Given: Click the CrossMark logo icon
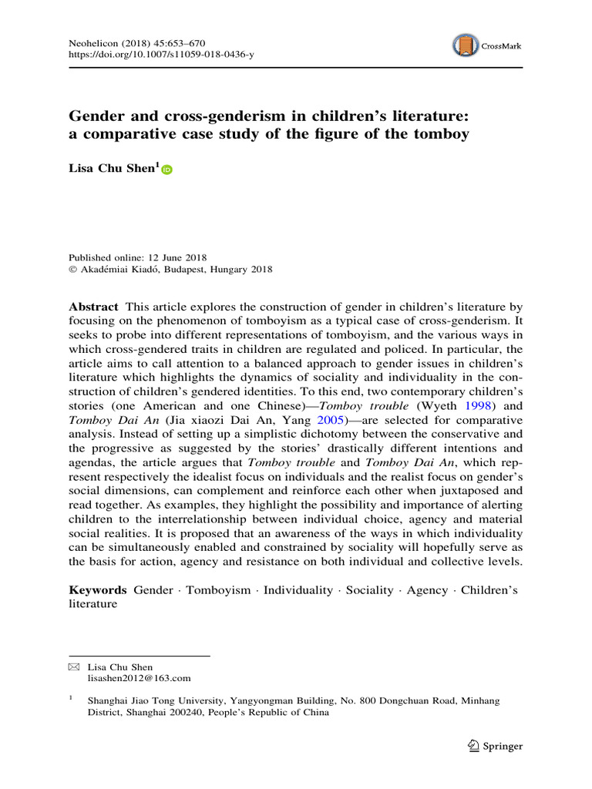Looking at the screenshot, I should pos(466,45).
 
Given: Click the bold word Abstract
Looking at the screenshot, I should pos(94,306).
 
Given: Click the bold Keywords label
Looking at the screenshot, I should pos(98,589).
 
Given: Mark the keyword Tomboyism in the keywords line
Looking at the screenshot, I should pos(219,589).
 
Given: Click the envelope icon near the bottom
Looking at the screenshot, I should pos(74,667).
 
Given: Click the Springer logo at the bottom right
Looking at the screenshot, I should pos(496,746).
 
